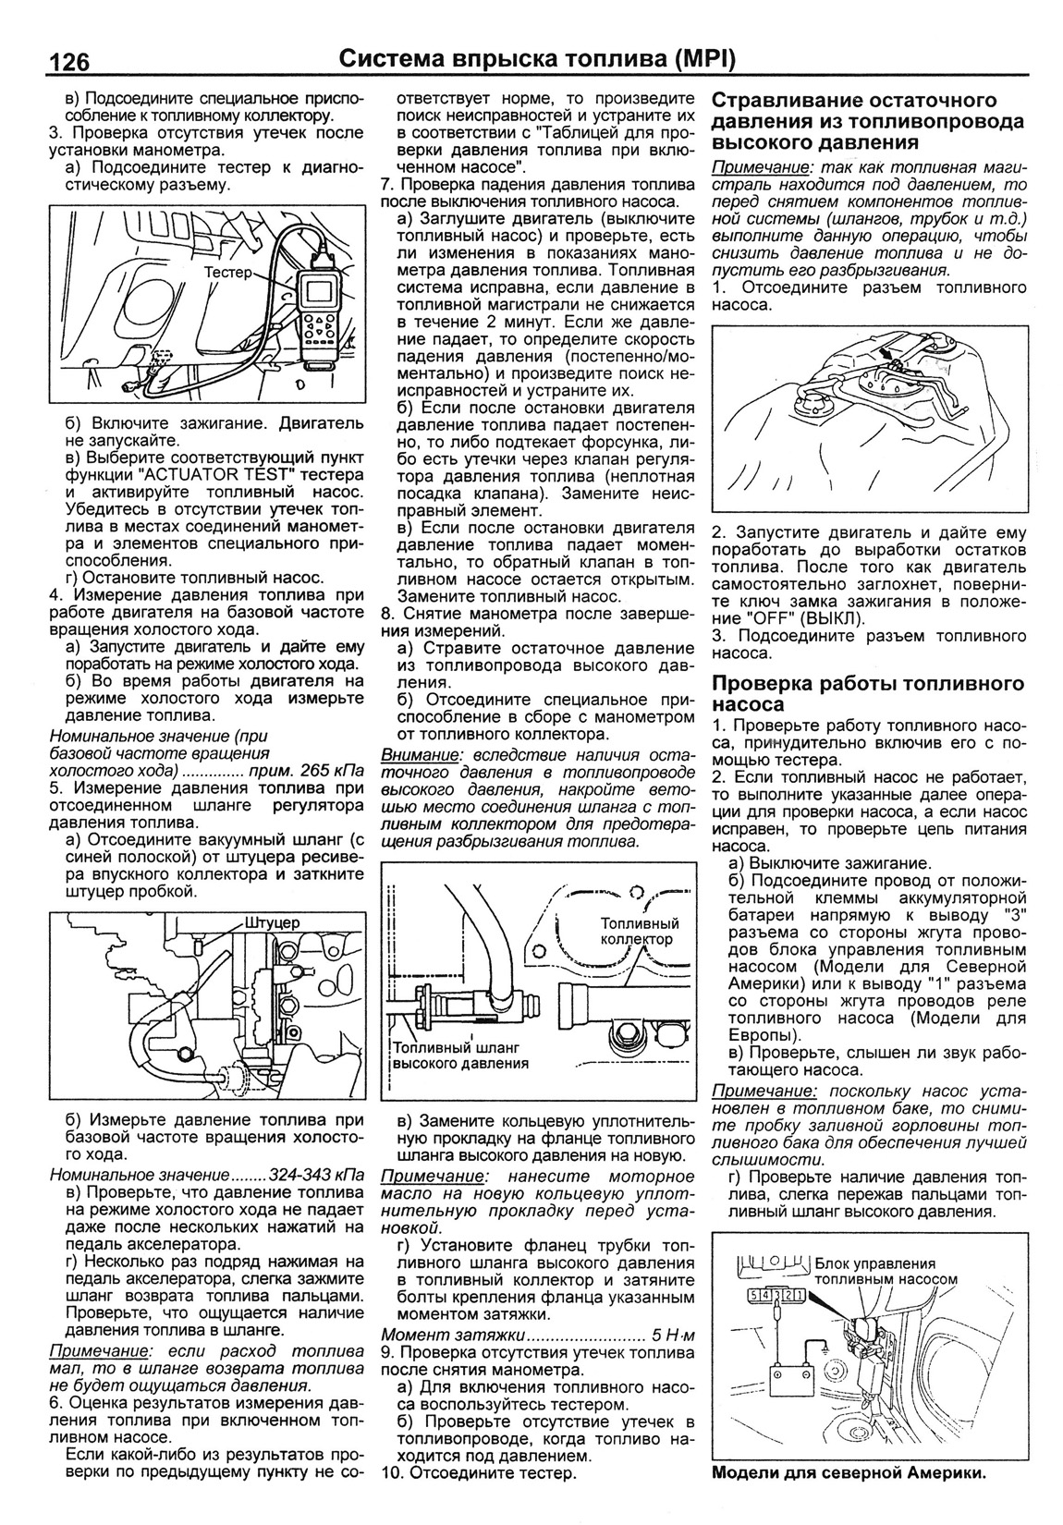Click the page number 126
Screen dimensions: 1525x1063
point(63,62)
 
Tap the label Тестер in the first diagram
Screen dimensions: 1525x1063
point(236,273)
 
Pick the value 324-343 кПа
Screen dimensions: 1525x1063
point(317,1176)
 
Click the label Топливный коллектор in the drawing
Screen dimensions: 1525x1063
point(640,931)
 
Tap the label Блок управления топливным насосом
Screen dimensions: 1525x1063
point(886,1272)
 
